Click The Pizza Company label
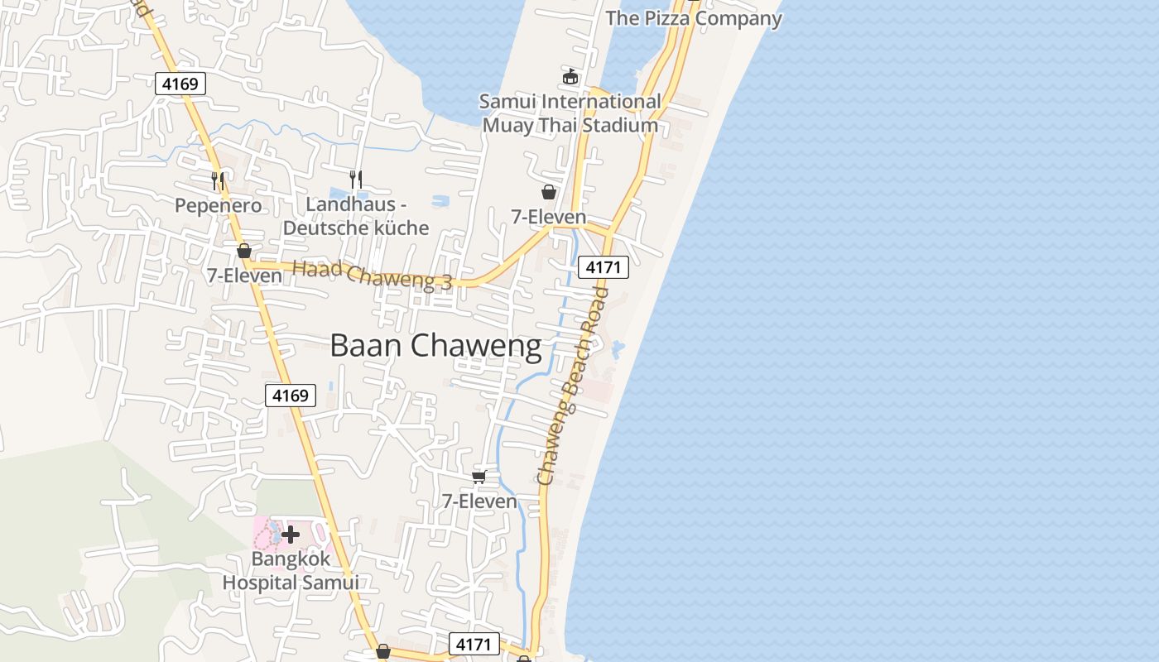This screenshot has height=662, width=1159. click(694, 18)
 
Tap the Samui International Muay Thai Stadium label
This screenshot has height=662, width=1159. click(570, 114)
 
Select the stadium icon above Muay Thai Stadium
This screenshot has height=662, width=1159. click(570, 77)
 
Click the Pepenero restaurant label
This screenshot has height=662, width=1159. click(218, 205)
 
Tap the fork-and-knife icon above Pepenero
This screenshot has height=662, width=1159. click(218, 180)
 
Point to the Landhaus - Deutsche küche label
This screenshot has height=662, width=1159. click(356, 216)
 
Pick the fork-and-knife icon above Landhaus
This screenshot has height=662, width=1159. click(356, 178)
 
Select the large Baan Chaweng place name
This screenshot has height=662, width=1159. click(435, 346)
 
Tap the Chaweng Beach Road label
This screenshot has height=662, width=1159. click(572, 386)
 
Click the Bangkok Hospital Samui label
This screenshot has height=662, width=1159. click(291, 570)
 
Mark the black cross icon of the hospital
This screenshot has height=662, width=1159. click(291, 535)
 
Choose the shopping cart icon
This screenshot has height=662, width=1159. click(479, 477)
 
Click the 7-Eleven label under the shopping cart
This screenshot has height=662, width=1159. click(479, 501)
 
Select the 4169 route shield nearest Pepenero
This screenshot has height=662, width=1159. click(180, 83)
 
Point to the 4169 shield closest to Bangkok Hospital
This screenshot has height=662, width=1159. click(291, 396)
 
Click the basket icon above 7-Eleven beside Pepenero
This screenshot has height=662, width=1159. click(244, 250)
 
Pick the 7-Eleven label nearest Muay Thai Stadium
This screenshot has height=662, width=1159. click(548, 217)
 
